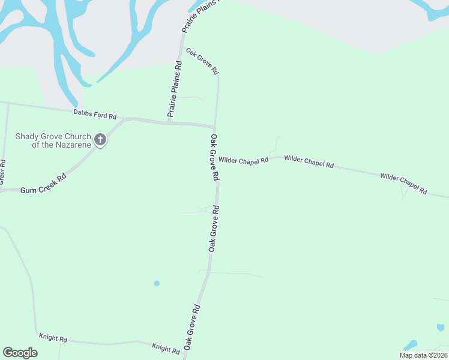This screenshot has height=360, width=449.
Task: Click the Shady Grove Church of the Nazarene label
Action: pos(53,140)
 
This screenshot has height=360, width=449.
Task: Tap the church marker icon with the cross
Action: pos(100,140)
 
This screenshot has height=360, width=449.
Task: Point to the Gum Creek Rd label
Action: pos(43,183)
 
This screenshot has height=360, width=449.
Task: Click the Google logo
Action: pos(20,353)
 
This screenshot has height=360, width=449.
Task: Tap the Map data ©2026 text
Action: pos(423,355)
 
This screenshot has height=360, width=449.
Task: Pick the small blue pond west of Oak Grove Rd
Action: pos(157,283)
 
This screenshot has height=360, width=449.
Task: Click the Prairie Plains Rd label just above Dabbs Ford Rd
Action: pos(175,89)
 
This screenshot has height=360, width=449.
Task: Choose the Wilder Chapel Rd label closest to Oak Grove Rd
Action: pos(243,160)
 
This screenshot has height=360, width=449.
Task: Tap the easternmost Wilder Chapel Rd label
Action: pos(403,183)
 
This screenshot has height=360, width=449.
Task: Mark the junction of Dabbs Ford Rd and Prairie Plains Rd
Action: pos(169,122)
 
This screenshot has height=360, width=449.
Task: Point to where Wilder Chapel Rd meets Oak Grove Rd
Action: pos(216,161)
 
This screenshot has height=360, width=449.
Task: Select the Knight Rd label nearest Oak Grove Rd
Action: pos(166,348)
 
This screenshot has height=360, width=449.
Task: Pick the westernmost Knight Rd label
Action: pos(53,338)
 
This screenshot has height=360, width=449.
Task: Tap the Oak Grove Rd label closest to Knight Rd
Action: pos(192,328)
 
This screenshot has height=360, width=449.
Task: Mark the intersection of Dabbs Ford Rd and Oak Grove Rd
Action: pos(215,127)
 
